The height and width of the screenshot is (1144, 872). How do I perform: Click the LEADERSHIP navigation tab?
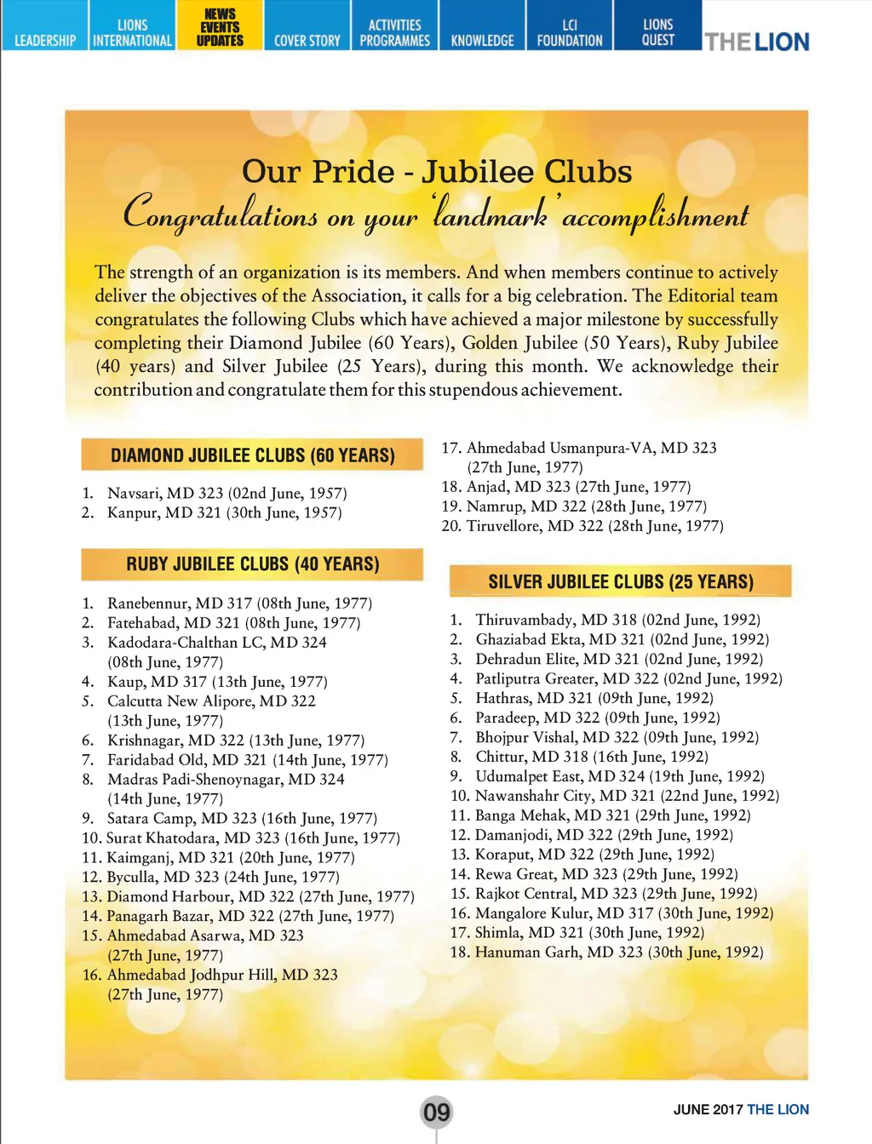point(44,39)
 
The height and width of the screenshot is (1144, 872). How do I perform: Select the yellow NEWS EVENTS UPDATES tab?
point(220,26)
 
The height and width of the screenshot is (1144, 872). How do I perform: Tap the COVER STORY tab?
point(307,40)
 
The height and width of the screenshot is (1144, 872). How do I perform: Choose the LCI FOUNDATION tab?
point(569,32)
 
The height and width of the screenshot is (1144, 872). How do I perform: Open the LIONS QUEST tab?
point(657,31)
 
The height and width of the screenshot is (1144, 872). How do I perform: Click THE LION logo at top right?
point(756,41)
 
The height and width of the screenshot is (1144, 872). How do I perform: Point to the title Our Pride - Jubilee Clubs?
point(437,172)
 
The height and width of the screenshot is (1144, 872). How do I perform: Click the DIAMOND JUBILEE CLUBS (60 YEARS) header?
point(252,455)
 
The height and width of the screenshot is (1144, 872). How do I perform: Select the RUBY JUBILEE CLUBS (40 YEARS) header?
point(252,563)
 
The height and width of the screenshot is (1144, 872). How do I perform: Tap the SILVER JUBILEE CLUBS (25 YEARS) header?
point(620,582)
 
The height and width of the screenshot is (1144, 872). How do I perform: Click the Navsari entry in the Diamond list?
point(227,493)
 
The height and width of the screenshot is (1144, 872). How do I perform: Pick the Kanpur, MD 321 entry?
point(224,512)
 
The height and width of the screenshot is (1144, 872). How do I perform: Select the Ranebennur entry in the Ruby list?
point(239,603)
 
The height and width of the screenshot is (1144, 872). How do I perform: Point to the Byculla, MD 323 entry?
point(222,877)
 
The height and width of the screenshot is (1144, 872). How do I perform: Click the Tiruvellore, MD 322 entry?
point(594,526)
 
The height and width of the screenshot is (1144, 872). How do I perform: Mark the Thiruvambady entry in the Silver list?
point(617,620)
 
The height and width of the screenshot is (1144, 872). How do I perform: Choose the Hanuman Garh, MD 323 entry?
point(618,952)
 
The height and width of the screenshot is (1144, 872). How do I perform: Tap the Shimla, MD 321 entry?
point(589,932)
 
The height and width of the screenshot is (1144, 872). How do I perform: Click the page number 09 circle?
point(436,1112)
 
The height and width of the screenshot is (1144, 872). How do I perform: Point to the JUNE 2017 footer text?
point(708,1109)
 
